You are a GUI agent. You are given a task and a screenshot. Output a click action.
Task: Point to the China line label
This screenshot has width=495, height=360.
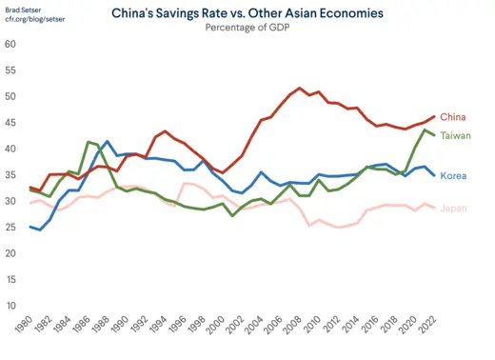click(453, 117)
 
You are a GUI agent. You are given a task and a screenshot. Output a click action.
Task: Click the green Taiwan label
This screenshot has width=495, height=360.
click(456, 135)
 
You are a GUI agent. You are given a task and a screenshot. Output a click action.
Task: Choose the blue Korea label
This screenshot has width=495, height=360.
click(454, 176)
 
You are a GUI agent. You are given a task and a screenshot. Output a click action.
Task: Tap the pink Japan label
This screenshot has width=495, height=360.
click(454, 208)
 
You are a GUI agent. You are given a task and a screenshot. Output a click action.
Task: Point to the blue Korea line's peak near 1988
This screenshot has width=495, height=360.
click(108, 141)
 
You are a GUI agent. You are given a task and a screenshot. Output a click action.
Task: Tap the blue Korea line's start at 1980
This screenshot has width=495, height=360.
click(30, 227)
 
